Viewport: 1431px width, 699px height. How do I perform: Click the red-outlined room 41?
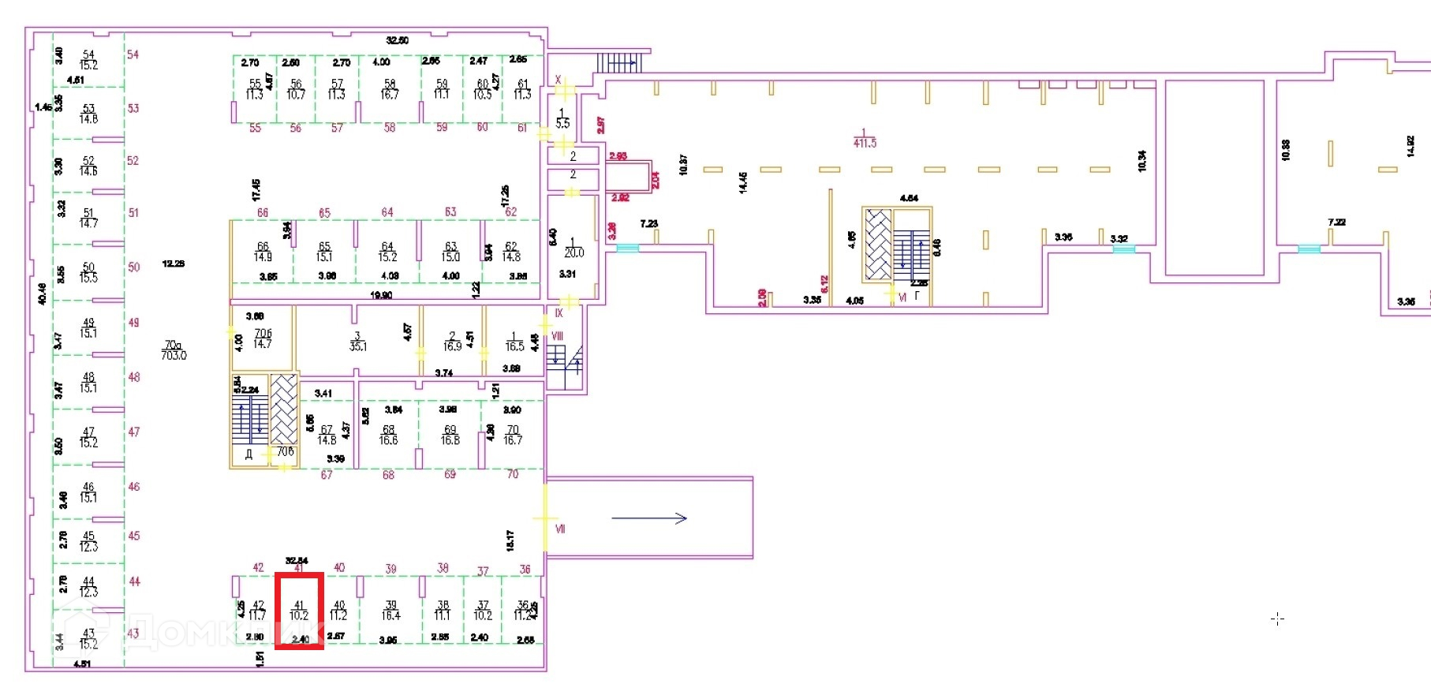(299, 611)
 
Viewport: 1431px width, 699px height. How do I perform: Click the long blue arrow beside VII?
(649, 518)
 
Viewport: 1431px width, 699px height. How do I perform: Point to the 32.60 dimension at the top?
(397, 40)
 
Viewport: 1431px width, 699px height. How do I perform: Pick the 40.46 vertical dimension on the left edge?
(42, 293)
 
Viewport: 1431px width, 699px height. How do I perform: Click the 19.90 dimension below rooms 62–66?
(381, 295)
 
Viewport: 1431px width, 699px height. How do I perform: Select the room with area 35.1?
(357, 342)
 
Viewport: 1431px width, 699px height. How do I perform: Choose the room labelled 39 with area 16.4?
(390, 611)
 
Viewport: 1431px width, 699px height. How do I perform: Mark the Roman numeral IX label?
(559, 313)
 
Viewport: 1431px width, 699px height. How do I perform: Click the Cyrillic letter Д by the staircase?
(248, 454)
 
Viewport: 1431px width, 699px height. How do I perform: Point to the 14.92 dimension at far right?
(1410, 146)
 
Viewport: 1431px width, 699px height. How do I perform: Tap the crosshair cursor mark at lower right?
(1278, 619)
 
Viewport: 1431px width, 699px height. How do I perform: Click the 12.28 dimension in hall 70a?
(174, 264)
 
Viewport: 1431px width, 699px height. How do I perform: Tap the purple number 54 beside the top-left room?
(133, 54)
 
